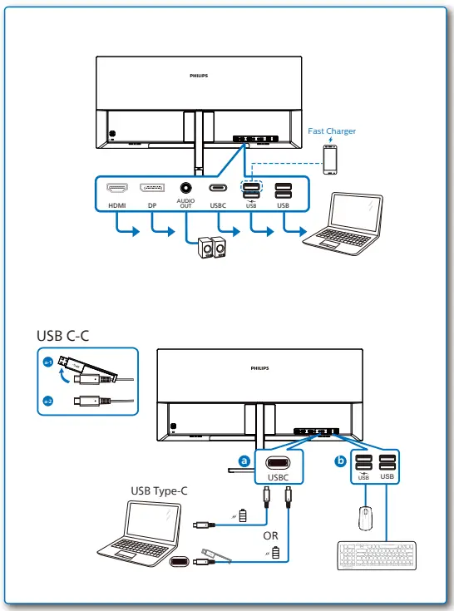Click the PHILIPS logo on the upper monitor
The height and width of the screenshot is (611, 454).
pyautogui.click(x=199, y=75)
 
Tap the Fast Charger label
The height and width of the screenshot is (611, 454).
pyautogui.click(x=332, y=131)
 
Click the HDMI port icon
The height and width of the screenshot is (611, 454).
pyautogui.click(x=115, y=188)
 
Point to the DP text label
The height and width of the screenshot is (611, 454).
pyautogui.click(x=151, y=204)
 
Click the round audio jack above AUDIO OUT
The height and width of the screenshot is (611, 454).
pyautogui.click(x=185, y=188)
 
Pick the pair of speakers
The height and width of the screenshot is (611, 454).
pyautogui.click(x=211, y=249)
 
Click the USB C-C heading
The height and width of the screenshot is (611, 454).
pyautogui.click(x=62, y=335)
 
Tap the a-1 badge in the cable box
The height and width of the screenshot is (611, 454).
pyautogui.click(x=48, y=362)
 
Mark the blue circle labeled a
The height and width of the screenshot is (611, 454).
pyautogui.click(x=244, y=460)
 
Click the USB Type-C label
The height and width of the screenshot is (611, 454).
pyautogui.click(x=159, y=490)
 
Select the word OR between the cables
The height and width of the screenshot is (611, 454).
pyautogui.click(x=270, y=535)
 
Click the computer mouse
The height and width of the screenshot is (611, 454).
pyautogui.click(x=363, y=517)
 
